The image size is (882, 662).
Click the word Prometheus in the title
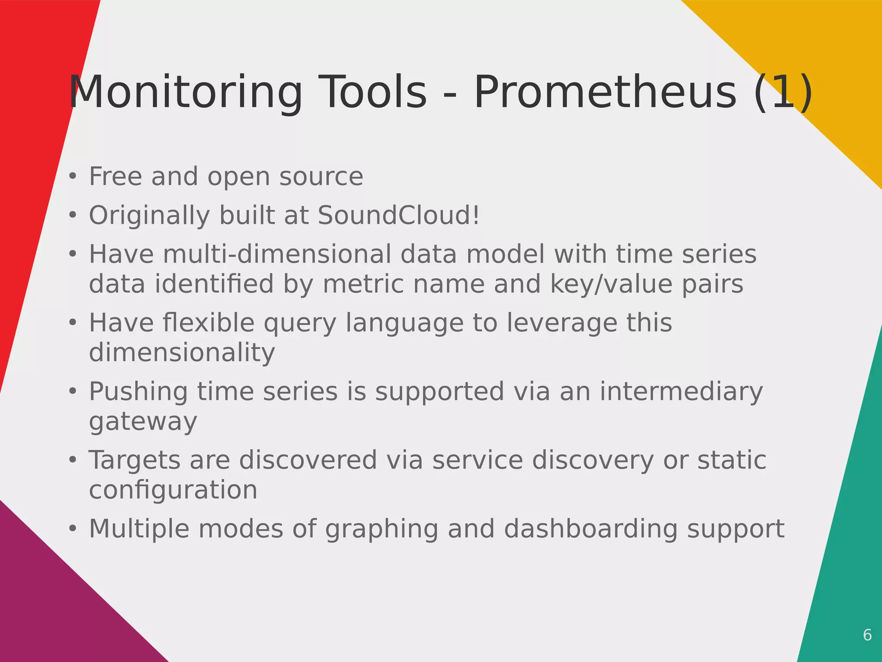tap(605, 92)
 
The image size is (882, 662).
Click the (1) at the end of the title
tap(783, 92)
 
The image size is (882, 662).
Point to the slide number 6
tap(867, 635)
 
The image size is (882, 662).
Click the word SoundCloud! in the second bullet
tap(398, 215)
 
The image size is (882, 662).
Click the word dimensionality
tap(182, 353)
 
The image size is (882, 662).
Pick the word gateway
tap(143, 422)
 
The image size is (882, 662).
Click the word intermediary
tap(681, 391)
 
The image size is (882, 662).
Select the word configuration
tap(173, 490)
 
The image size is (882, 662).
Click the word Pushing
tap(138, 392)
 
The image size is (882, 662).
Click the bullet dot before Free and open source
tap(72, 177)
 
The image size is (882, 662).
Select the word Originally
tap(149, 216)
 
